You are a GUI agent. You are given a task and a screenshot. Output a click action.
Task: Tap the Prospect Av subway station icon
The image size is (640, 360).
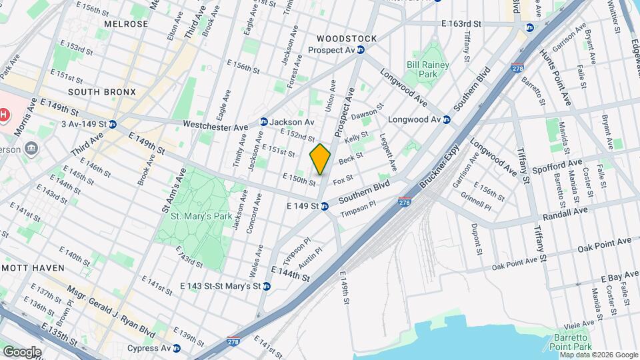point(361,50)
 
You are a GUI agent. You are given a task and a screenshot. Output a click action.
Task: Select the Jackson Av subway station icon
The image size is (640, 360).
point(264,122)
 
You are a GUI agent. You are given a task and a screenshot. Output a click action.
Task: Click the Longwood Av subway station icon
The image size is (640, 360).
point(447,120)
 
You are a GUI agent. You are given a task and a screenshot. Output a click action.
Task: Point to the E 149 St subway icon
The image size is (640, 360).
point(325,206)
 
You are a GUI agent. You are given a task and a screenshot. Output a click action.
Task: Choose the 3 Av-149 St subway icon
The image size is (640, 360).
point(113,124)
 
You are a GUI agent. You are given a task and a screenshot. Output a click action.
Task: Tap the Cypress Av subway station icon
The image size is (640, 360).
point(176,348)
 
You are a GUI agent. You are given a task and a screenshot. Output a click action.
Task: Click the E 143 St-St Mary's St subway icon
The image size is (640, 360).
point(266,286)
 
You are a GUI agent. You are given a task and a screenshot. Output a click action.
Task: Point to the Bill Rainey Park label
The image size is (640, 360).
point(428,69)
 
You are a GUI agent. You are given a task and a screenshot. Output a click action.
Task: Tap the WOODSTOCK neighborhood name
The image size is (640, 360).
point(346,39)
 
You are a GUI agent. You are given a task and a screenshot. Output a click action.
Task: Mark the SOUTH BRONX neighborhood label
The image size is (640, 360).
point(101,92)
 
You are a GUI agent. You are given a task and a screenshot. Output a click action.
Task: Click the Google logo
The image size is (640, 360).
point(21,351)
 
